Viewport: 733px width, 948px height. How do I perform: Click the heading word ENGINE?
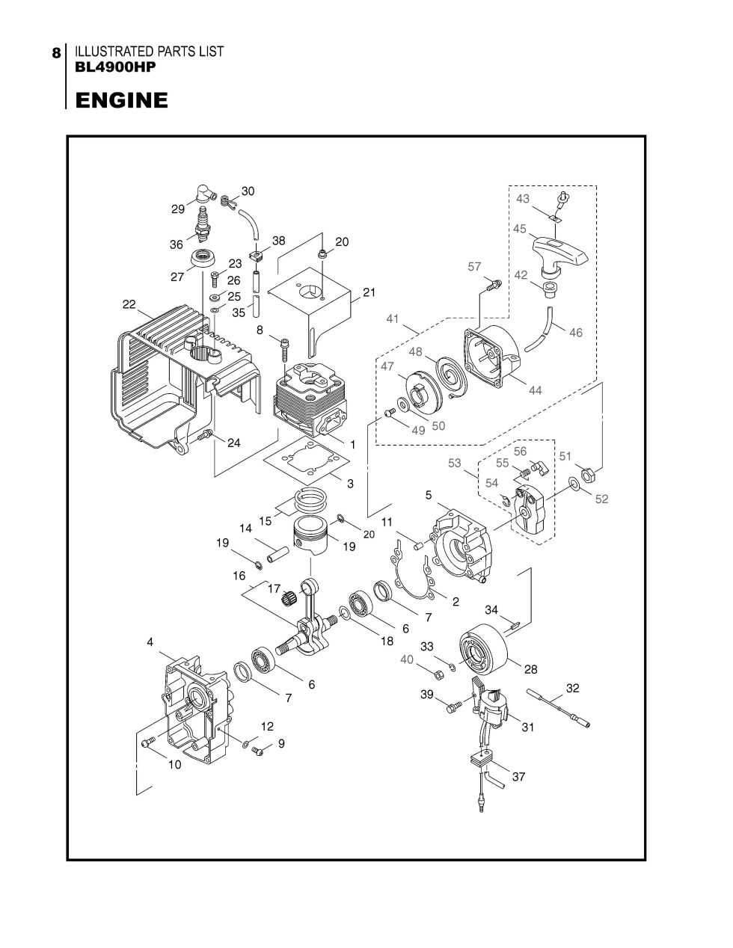click(x=122, y=100)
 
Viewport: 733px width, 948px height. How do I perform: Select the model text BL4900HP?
click(x=116, y=67)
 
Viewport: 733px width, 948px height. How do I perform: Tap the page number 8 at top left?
click(x=56, y=53)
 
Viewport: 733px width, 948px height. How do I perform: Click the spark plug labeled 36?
click(x=203, y=224)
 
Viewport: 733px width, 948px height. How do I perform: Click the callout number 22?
click(x=129, y=304)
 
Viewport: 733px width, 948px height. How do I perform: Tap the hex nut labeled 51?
click(x=588, y=473)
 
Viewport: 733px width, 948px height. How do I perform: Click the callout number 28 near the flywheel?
click(x=530, y=669)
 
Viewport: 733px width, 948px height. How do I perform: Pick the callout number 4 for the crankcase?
click(x=150, y=642)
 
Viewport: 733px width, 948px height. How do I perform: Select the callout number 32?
click(x=572, y=688)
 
